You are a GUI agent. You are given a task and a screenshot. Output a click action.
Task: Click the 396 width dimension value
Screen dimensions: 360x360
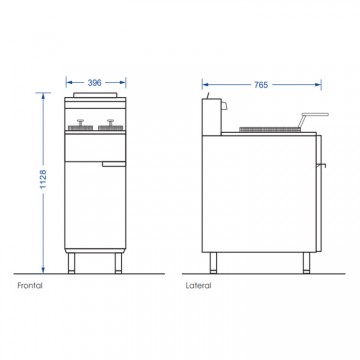coord(94,83)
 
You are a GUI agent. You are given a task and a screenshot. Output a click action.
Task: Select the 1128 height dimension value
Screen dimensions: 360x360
coord(43,179)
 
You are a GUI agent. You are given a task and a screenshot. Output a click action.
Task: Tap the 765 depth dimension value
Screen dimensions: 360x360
coord(261,85)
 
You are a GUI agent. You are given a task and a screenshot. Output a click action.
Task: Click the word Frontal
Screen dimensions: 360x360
coord(30,286)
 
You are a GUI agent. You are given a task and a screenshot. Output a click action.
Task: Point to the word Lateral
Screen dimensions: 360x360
coord(198,286)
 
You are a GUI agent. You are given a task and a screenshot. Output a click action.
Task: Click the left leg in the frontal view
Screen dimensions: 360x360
coord(71,263)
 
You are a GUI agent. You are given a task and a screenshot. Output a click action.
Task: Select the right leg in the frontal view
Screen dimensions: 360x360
coord(118,263)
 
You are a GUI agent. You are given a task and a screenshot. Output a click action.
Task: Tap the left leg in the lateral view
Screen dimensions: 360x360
coord(213,263)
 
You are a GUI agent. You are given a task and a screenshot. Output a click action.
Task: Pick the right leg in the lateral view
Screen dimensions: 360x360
coord(306,263)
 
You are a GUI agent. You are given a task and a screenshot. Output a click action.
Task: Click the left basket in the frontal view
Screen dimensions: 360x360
coord(80,125)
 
